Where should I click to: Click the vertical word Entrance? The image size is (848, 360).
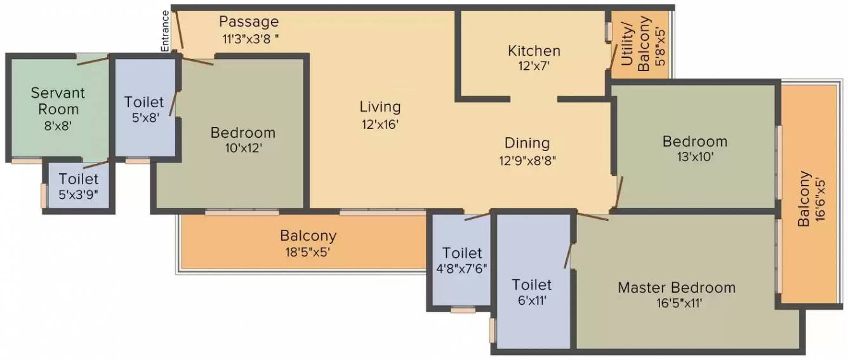tap(165, 31)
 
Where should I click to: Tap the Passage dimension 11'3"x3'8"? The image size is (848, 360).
tap(251, 38)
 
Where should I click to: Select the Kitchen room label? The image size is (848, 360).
tap(534, 51)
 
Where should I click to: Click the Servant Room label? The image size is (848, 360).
tap(58, 101)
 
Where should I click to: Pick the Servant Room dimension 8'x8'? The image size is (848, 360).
tap(58, 125)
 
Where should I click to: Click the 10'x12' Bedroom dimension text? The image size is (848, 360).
tap(242, 149)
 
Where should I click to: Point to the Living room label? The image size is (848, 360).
tap(380, 107)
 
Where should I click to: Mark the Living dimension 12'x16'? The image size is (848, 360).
tap(380, 124)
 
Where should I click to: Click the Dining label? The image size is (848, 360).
tap(527, 143)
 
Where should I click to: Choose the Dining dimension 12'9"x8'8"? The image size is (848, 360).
tap(527, 161)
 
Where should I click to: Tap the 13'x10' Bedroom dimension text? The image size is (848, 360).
tap(694, 157)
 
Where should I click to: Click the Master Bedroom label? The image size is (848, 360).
tap(677, 288)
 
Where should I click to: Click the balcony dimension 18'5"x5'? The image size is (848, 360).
tap(308, 251)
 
